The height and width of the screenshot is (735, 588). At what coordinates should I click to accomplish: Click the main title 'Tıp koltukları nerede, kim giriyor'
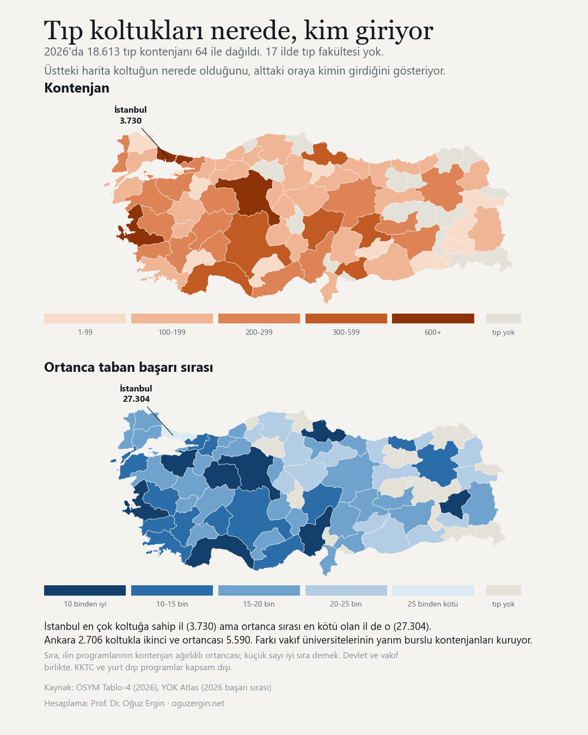[x=238, y=30]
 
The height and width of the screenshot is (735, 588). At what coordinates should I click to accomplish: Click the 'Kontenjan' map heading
[x=77, y=88]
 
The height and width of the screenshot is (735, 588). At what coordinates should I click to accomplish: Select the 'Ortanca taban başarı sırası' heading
[x=128, y=367]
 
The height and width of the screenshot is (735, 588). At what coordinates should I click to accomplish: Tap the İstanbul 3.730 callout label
[x=131, y=115]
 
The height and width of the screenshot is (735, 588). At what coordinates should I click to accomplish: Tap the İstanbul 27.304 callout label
[x=136, y=394]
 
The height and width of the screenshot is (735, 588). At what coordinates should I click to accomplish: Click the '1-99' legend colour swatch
[x=85, y=318]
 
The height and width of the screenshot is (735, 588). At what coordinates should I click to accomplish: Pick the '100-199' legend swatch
[x=172, y=318]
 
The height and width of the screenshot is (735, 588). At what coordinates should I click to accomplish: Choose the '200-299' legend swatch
[x=259, y=318]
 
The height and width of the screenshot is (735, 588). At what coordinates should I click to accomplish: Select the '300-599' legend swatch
[x=346, y=318]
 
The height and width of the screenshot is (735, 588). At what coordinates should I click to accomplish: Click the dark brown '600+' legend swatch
[x=433, y=318]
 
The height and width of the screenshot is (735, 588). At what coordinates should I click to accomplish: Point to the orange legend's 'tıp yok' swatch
[x=503, y=318]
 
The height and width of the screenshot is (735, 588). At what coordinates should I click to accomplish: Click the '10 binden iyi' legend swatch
[x=85, y=590]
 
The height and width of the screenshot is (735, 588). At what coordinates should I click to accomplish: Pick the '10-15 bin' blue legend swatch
[x=172, y=590]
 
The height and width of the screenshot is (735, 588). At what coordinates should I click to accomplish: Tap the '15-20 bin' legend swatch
[x=259, y=590]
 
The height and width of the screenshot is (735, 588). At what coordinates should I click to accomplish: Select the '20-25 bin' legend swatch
[x=346, y=590]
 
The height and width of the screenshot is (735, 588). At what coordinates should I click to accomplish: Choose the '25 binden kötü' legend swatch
[x=433, y=590]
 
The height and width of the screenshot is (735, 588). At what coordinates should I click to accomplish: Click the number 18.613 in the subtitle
[x=103, y=52]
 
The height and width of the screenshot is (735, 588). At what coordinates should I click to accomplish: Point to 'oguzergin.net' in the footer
[x=198, y=703]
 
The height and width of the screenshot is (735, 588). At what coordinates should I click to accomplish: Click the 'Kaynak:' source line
[x=157, y=687]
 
